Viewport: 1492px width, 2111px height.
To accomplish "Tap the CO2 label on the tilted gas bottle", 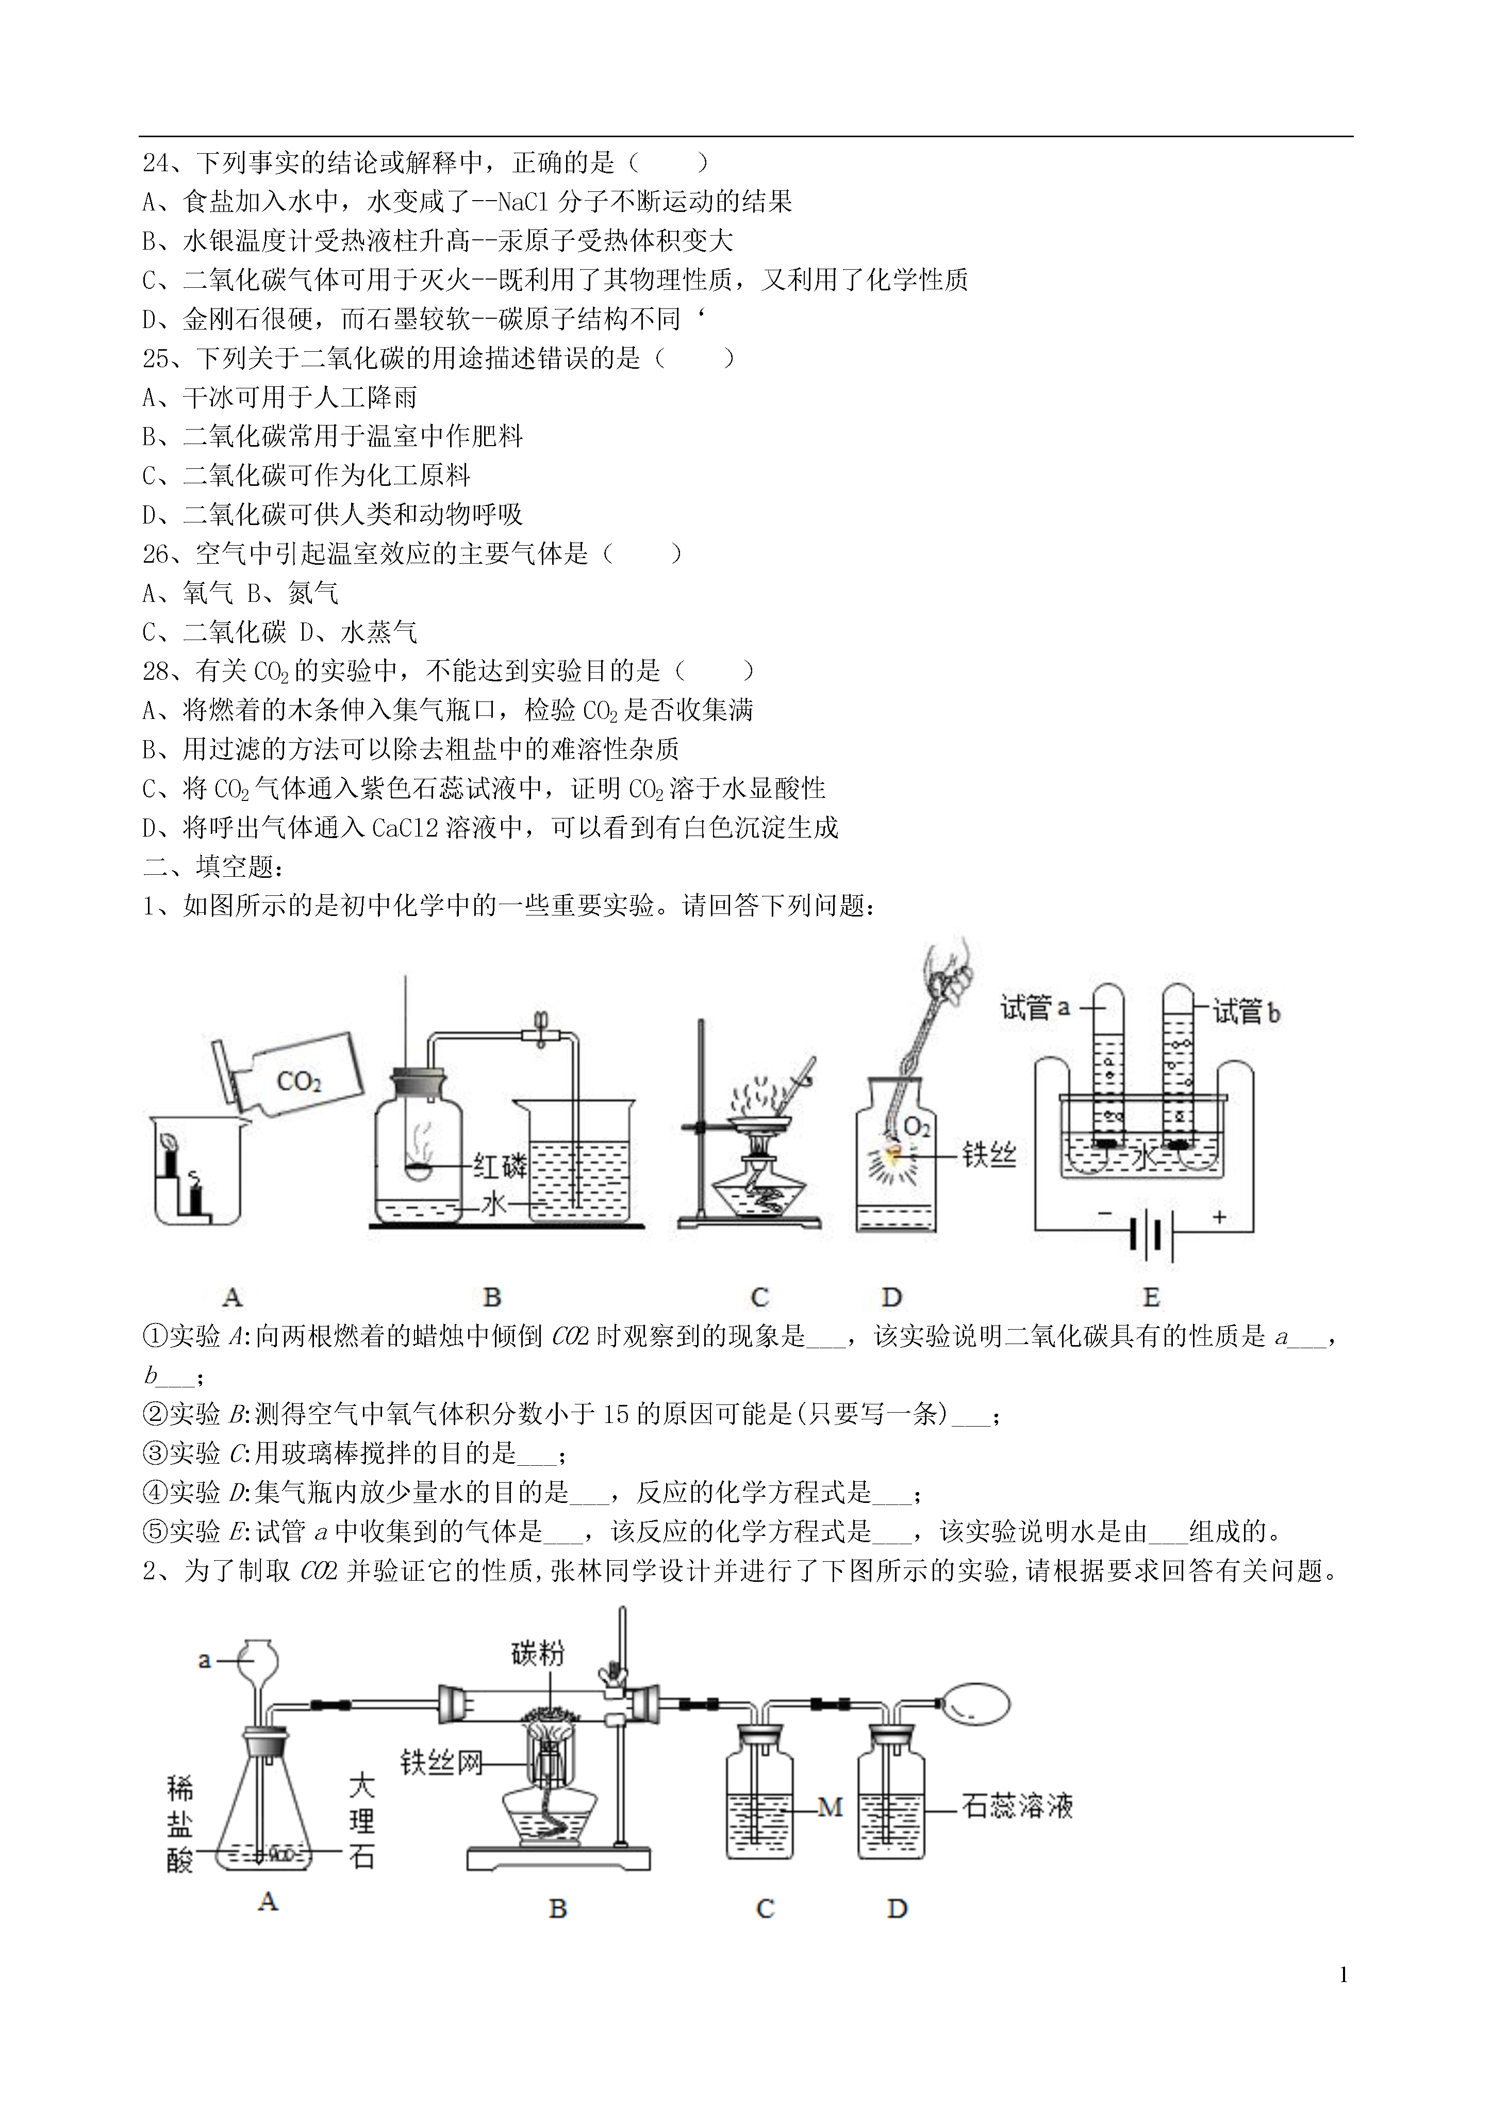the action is (x=299, y=1081).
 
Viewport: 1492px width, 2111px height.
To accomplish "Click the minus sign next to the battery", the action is (x=1104, y=1214).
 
